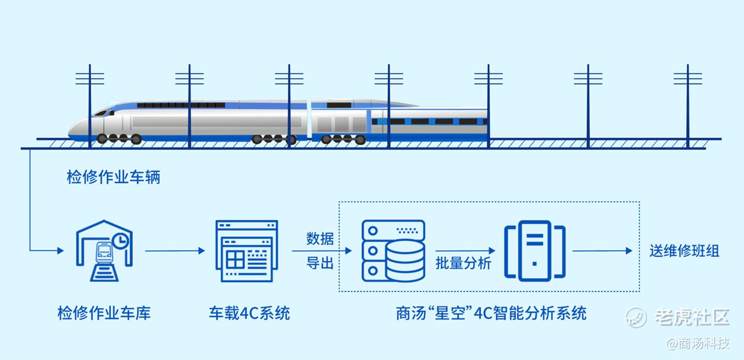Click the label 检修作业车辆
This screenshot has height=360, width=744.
tap(113, 178)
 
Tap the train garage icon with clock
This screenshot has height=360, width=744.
tap(104, 250)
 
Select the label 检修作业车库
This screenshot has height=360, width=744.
tap(104, 313)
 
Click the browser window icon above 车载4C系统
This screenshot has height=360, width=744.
tap(247, 250)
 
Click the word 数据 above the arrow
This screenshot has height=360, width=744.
tap(320, 238)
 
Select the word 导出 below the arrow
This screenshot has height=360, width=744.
tap(320, 264)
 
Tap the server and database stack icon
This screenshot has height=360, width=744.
tap(393, 250)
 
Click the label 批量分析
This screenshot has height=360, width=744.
tap(464, 264)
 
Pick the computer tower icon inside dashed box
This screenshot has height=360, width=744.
tap(535, 250)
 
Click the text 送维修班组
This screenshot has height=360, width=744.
tap(684, 251)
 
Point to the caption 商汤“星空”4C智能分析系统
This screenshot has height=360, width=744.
tap(491, 313)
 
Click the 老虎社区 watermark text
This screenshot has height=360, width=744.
tap(692, 317)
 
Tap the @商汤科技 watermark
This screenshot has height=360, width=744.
tap(698, 343)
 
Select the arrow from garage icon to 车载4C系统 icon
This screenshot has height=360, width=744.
tap(175, 250)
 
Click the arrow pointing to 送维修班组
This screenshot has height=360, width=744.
tap(602, 250)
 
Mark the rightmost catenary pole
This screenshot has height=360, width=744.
tap(688, 105)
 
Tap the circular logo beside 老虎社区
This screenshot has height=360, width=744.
tap(636, 317)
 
